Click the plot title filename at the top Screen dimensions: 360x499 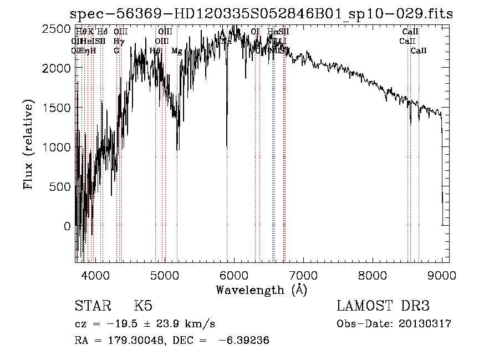[x=262, y=14]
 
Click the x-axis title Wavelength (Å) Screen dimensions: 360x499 [x=261, y=290]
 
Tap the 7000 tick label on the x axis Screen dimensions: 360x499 [x=303, y=274]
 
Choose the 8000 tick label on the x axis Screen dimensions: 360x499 [x=373, y=274]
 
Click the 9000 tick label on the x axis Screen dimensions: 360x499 [x=442, y=274]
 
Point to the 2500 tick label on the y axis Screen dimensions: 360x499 [x=57, y=28]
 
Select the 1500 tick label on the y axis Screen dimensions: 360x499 [x=57, y=108]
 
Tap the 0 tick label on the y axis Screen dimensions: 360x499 [x=68, y=226]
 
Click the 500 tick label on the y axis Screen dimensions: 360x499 [x=60, y=187]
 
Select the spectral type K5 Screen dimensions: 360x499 [x=143, y=306]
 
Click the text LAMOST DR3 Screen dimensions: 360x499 [x=383, y=306]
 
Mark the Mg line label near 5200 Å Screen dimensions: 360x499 [x=176, y=50]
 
